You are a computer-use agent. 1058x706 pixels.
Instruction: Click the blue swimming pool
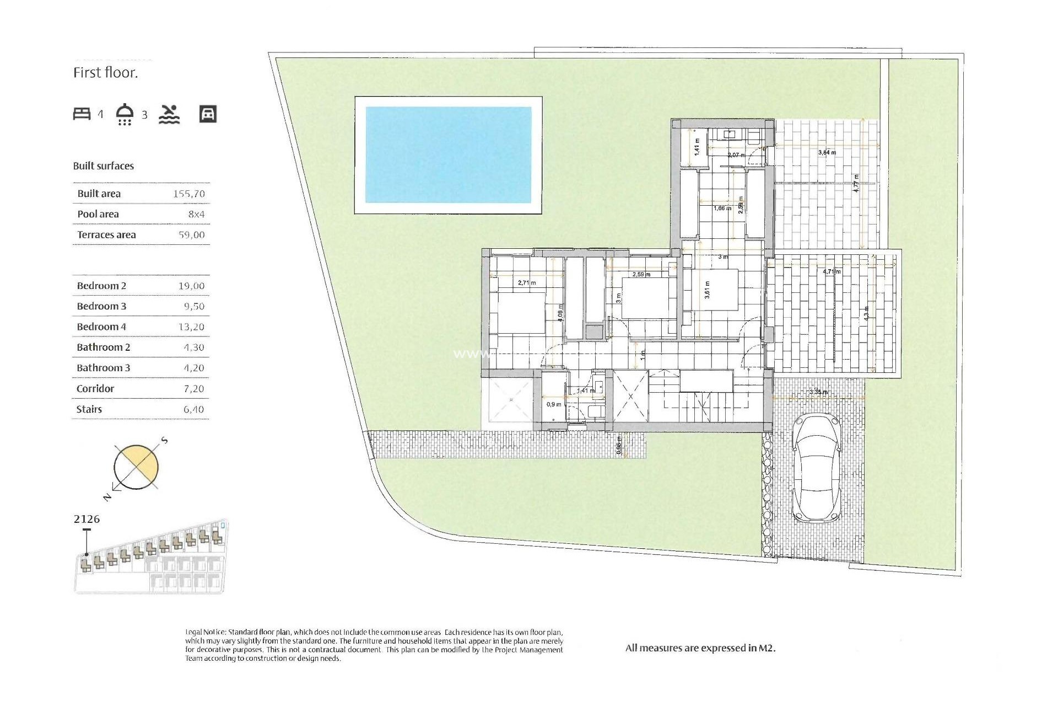448,155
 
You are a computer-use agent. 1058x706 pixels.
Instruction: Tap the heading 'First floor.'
105,73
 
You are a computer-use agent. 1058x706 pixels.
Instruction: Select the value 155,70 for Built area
188,194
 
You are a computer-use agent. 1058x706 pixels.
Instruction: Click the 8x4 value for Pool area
196,214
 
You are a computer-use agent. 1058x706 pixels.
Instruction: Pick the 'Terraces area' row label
106,234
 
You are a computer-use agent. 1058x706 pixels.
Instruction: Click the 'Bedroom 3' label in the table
101,306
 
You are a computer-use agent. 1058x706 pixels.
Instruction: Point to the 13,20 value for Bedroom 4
191,327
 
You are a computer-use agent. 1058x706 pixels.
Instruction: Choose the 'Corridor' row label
95,388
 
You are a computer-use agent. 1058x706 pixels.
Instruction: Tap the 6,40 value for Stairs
193,409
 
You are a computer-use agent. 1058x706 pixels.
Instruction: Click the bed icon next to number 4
82,114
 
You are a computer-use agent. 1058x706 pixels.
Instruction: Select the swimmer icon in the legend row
169,114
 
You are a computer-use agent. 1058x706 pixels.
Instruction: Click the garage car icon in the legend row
208,114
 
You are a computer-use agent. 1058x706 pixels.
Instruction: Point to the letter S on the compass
164,441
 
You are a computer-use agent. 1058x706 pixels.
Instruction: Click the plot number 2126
87,519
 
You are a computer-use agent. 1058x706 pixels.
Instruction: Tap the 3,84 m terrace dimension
827,153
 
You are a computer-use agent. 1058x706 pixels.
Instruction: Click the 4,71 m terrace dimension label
832,271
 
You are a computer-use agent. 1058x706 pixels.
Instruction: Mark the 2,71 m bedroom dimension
527,283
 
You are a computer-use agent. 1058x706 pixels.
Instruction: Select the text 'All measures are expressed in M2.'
700,648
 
